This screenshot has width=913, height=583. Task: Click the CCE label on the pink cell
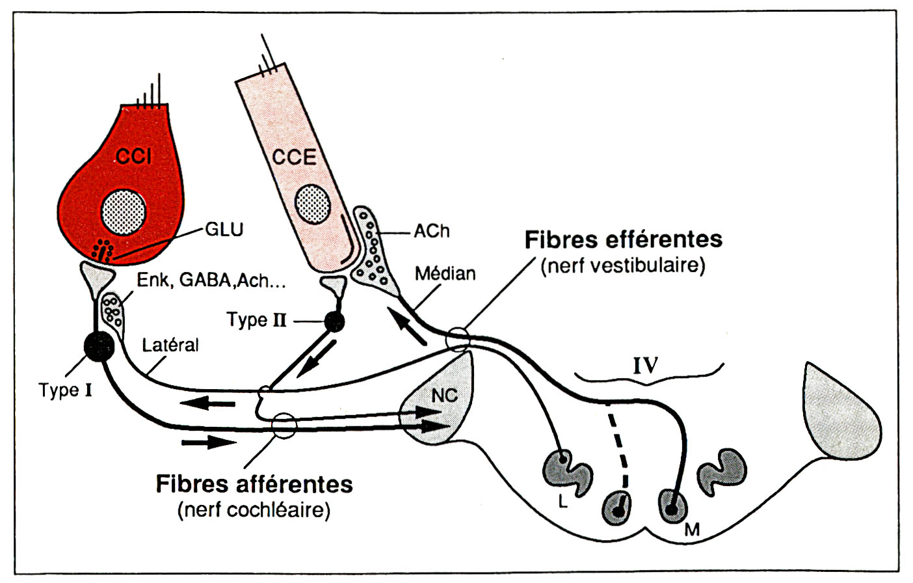click(x=294, y=157)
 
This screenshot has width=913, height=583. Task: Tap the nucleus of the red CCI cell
click(x=124, y=212)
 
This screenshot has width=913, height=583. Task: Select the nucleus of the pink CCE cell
click(x=313, y=204)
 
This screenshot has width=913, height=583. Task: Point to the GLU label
click(x=224, y=230)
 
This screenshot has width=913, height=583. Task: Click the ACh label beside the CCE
click(x=431, y=231)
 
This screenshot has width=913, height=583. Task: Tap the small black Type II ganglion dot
click(x=335, y=321)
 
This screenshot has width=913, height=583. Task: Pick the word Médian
click(x=445, y=273)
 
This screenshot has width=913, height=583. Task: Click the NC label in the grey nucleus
click(x=445, y=395)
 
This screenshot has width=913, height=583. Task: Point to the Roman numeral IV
click(x=645, y=366)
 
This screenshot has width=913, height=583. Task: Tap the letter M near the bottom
click(x=692, y=530)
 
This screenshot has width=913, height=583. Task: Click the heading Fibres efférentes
click(x=623, y=239)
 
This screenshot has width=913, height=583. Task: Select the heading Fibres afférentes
click(x=254, y=484)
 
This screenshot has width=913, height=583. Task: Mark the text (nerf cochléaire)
click(x=254, y=509)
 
